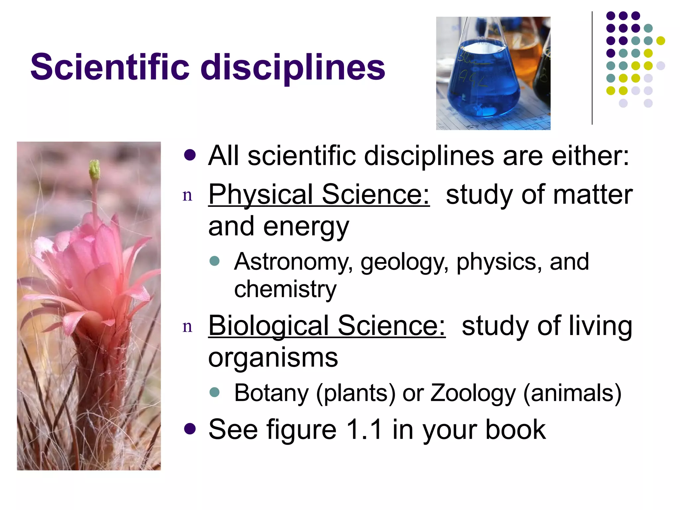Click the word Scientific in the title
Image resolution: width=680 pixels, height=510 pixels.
(x=110, y=67)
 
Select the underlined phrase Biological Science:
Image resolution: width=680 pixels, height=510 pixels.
(x=327, y=326)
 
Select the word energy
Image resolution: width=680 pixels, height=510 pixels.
(x=306, y=227)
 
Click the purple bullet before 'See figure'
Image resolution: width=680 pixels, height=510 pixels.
(x=190, y=429)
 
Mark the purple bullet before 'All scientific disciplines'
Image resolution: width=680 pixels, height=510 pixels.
(x=190, y=155)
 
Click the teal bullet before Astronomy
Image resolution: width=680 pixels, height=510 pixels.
(x=215, y=261)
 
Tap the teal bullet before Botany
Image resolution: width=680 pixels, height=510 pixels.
(x=215, y=392)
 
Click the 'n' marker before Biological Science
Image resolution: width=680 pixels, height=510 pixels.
(x=187, y=327)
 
